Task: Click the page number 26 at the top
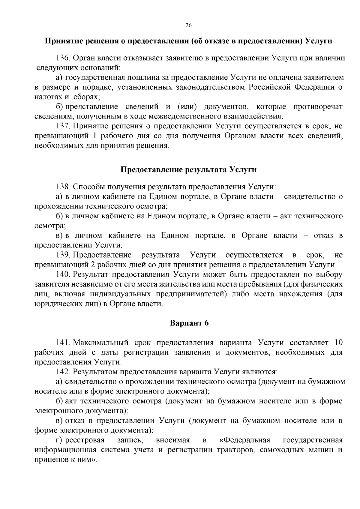[x=188, y=25]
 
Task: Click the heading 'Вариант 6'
[x=189, y=323]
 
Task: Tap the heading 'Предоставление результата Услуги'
[x=188, y=169]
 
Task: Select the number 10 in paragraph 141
[x=338, y=343]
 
